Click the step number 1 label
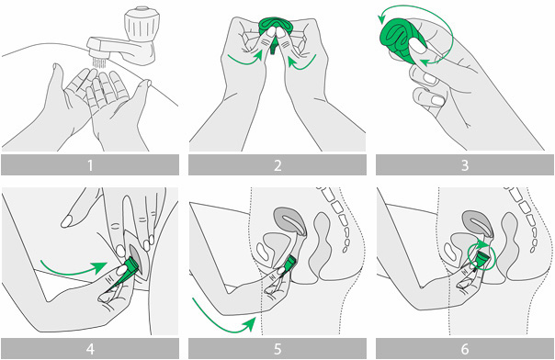[x=90, y=165]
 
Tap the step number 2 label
[x=277, y=165]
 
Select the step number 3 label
[x=465, y=165]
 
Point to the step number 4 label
[x=90, y=349]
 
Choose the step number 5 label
[x=277, y=349]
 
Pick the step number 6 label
[x=465, y=349]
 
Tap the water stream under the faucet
[x=99, y=62]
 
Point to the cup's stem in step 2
[x=273, y=48]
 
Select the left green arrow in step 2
[x=245, y=59]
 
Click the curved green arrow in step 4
[x=74, y=269]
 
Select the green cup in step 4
[x=126, y=274]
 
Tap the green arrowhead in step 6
[x=482, y=243]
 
